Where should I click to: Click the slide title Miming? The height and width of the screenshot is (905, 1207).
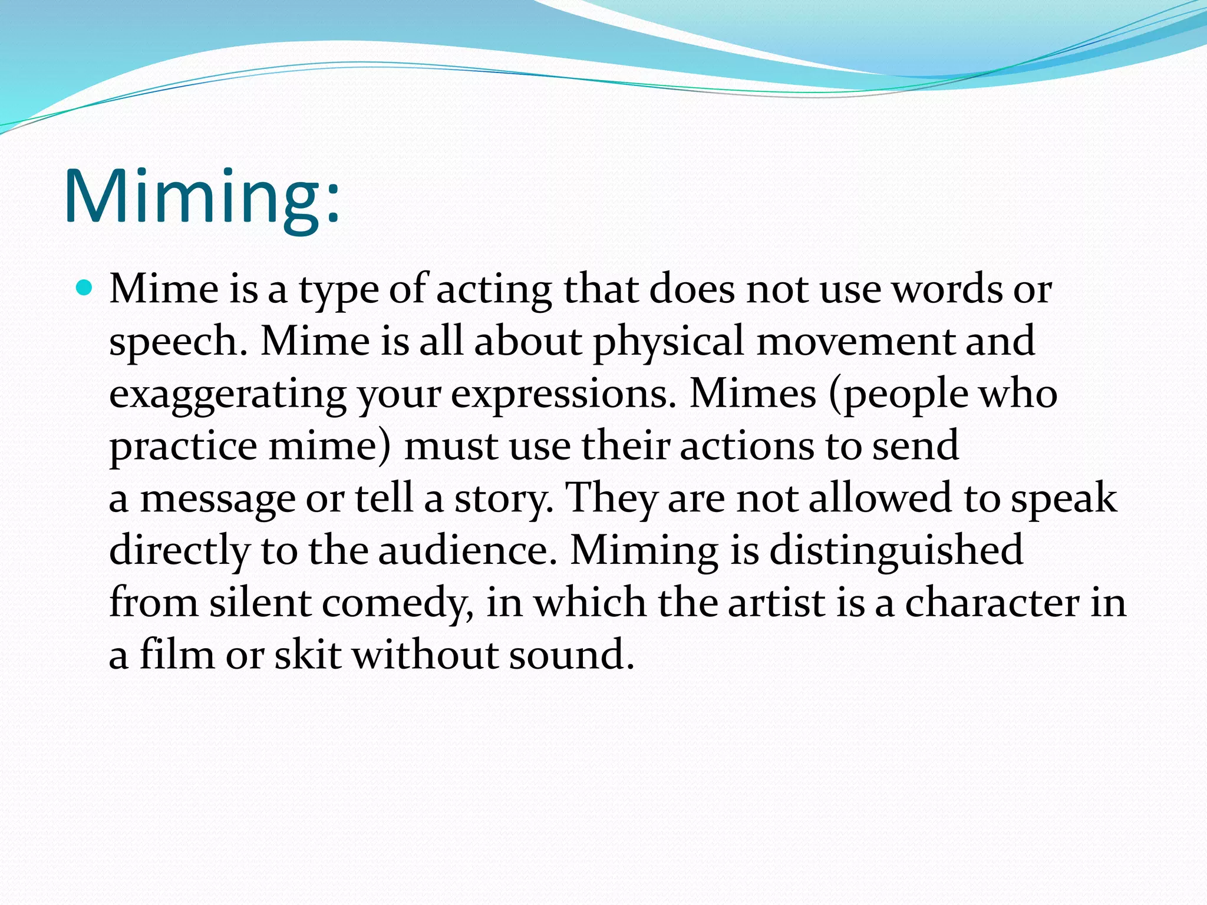tap(202, 196)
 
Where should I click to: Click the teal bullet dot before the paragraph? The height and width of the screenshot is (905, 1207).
tap(85, 289)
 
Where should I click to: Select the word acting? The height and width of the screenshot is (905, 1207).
tap(494, 290)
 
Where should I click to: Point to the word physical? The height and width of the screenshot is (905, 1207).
tap(668, 342)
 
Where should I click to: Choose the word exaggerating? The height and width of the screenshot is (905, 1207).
tap(227, 395)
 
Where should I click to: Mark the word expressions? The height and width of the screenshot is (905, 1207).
tap(563, 395)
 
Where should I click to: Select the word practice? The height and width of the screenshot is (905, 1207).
tap(183, 447)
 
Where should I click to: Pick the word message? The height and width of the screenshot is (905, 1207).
tap(217, 498)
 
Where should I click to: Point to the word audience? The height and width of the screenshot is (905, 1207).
tap(467, 550)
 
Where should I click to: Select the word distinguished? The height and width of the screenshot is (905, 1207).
tap(896, 551)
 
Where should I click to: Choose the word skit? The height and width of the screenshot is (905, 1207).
tap(308, 654)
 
